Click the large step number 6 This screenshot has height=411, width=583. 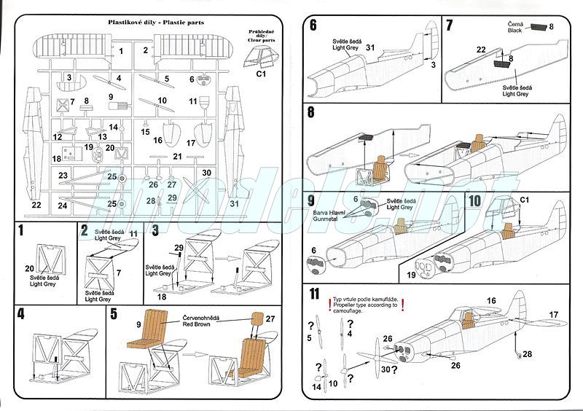[313, 26]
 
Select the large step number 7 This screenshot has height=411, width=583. [450, 26]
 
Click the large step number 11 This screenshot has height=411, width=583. [314, 294]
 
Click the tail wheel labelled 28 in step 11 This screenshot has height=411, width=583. [517, 356]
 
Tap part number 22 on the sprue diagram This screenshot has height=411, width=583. [36, 205]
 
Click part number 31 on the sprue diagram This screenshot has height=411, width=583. [234, 203]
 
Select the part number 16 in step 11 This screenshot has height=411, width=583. [490, 300]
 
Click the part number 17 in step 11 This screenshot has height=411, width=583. [552, 314]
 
